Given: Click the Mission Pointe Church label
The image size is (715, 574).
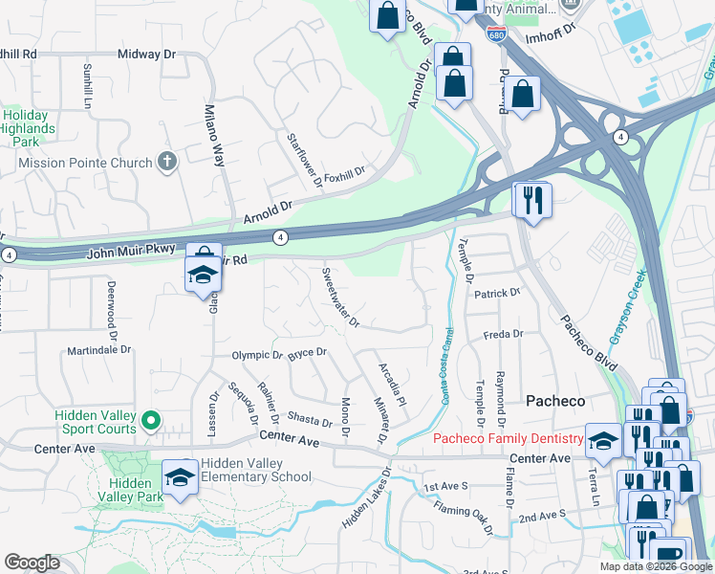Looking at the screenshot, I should point(85,163).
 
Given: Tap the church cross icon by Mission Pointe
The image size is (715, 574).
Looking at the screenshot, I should point(167,162).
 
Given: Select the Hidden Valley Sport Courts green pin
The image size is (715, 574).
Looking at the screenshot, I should point(150,420).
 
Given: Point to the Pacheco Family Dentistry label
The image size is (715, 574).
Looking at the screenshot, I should point(509,439).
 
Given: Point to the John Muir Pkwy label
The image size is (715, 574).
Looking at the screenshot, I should point(131,250).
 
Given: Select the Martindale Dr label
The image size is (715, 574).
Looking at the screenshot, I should point(98,350).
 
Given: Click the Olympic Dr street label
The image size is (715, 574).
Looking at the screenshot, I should point(256,356).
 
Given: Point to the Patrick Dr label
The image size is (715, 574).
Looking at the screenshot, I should point(497,293).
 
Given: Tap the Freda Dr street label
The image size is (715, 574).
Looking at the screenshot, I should point(503,335).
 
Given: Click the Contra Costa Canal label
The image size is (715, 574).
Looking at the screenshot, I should point(447,364).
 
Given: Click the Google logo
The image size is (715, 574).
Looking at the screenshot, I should point(32,563).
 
